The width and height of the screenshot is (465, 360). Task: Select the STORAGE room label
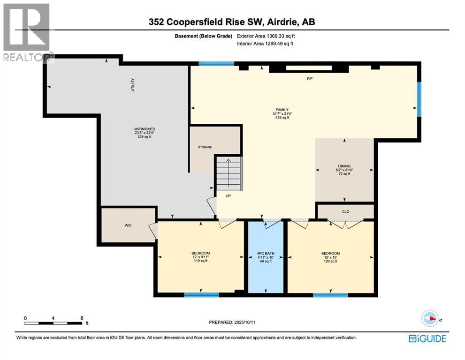tap(205, 147)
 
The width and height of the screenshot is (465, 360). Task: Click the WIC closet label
tap(128, 225)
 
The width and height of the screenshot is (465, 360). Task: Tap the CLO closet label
tap(345, 212)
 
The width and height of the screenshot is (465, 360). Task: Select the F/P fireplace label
tap(310, 78)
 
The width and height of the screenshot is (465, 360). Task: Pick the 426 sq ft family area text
tap(282, 118)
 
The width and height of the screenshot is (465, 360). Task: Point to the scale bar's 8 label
tap(82, 318)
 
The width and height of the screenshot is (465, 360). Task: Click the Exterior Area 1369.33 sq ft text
tap(268, 36)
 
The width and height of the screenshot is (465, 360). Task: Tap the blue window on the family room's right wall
tap(419, 98)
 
